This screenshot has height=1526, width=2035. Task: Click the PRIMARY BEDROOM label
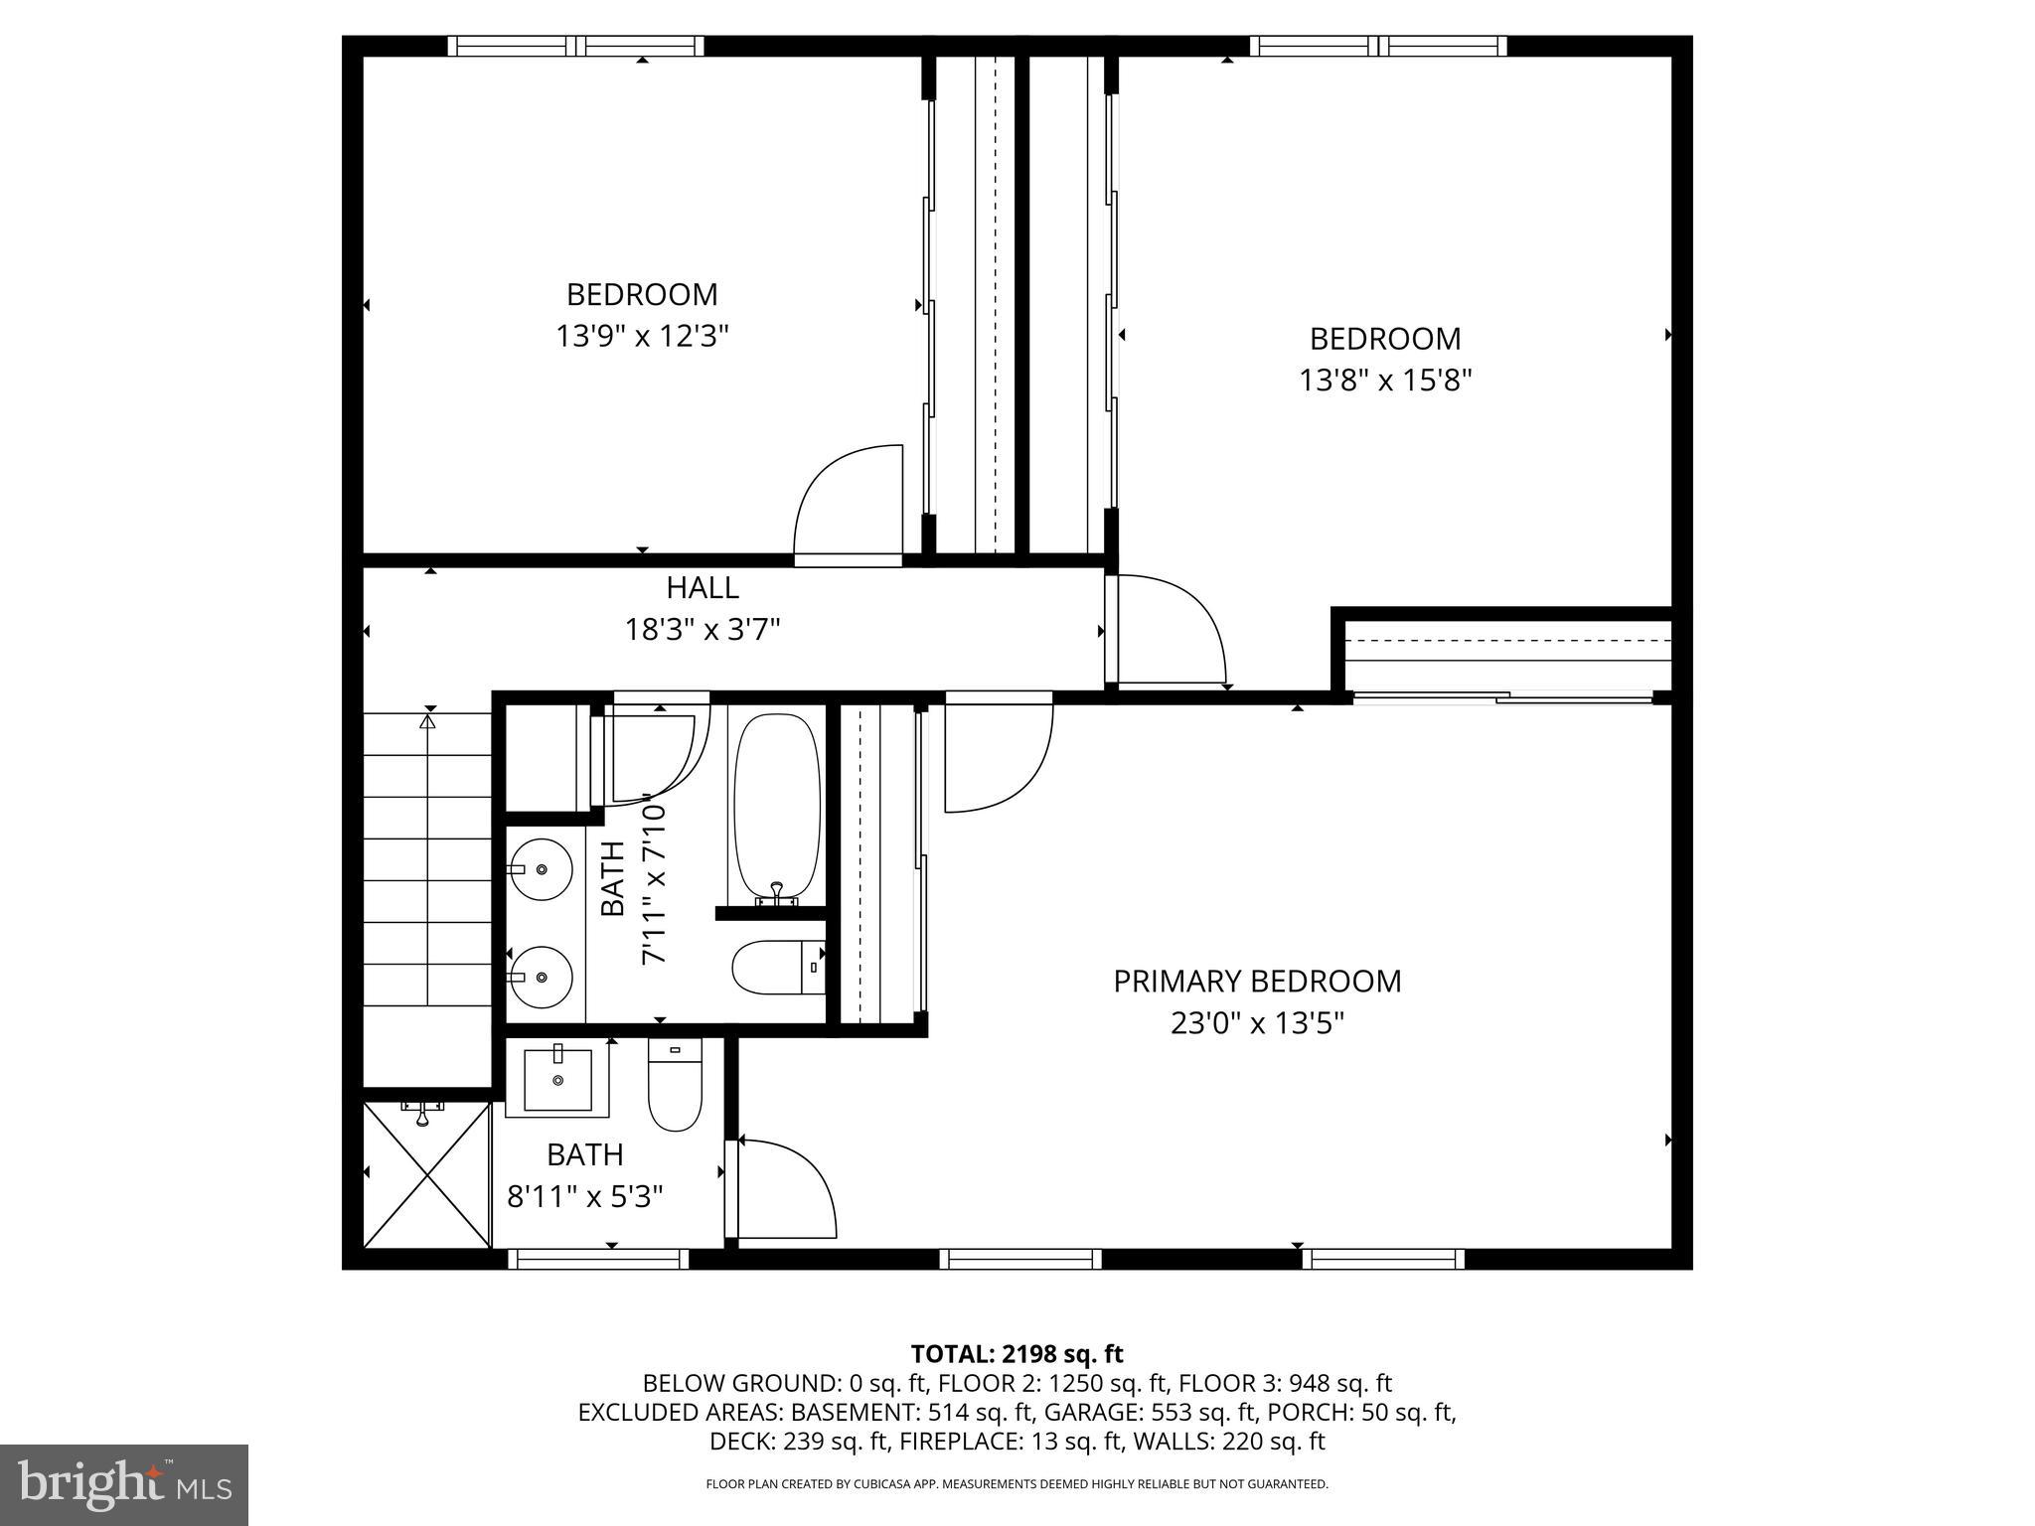click(1257, 982)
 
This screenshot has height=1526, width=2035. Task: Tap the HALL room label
click(702, 588)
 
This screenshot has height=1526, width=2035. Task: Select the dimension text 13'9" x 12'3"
click(642, 337)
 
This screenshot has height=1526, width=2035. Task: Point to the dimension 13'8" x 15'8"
click(1384, 381)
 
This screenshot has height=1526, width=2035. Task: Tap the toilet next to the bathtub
click(777, 968)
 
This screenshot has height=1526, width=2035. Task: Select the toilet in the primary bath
click(675, 1084)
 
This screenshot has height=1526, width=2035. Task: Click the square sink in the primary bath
click(557, 1078)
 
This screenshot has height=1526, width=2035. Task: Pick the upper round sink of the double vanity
click(542, 869)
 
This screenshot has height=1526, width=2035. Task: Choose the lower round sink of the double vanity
click(542, 978)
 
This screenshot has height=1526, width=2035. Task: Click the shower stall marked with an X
click(426, 1174)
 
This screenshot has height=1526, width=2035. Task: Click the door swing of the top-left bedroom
click(848, 505)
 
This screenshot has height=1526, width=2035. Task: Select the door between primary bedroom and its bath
click(782, 1190)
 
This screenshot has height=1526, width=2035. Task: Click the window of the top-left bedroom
click(575, 46)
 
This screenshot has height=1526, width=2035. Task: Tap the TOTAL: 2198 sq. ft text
click(1017, 1354)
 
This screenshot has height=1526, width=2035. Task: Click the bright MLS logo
click(124, 1484)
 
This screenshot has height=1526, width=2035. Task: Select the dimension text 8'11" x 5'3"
click(584, 1196)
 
